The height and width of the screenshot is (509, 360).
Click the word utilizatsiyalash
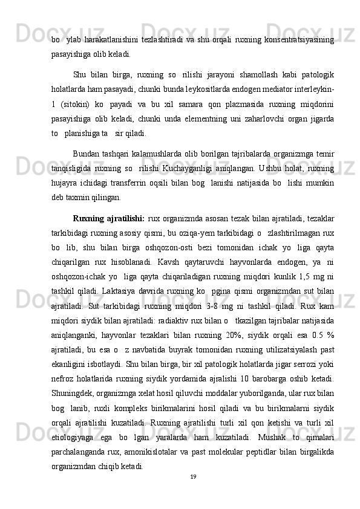(284, 367)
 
